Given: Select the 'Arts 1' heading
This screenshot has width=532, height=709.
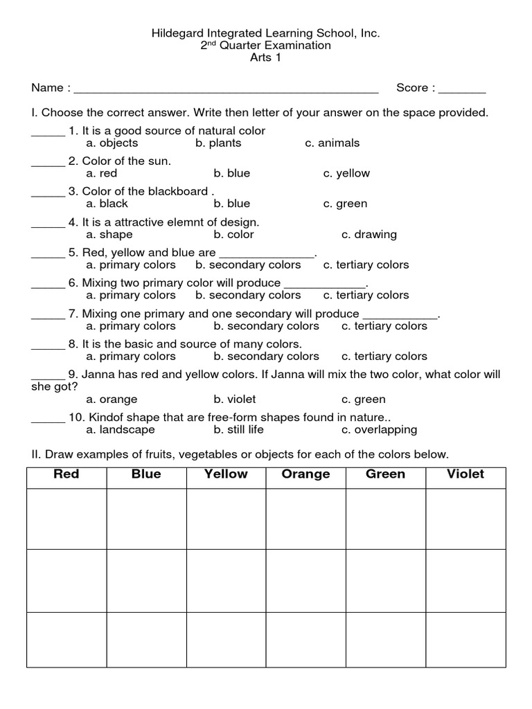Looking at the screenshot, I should pyautogui.click(x=266, y=57).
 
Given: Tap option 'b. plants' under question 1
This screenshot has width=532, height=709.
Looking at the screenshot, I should pyautogui.click(x=218, y=143).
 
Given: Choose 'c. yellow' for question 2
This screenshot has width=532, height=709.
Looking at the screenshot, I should pyautogui.click(x=346, y=173).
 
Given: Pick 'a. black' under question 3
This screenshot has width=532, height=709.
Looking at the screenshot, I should pyautogui.click(x=108, y=204).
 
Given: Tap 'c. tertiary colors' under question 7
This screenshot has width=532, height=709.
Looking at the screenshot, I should pyautogui.click(x=384, y=325).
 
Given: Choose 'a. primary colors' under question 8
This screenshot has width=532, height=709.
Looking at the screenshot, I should pyautogui.click(x=131, y=356).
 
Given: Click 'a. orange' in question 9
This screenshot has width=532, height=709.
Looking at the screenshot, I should pyautogui.click(x=112, y=399).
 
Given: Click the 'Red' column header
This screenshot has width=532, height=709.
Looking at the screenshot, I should pyautogui.click(x=66, y=474).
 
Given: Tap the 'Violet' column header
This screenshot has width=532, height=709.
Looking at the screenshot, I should pyautogui.click(x=465, y=474).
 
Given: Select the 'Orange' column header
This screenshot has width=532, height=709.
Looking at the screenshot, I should pyautogui.click(x=305, y=474).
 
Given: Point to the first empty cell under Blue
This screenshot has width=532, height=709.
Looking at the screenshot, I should pyautogui.click(x=146, y=519).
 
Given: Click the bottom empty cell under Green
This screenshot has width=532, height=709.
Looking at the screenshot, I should pyautogui.click(x=386, y=639).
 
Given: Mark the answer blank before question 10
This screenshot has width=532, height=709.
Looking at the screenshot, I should pyautogui.click(x=48, y=420).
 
